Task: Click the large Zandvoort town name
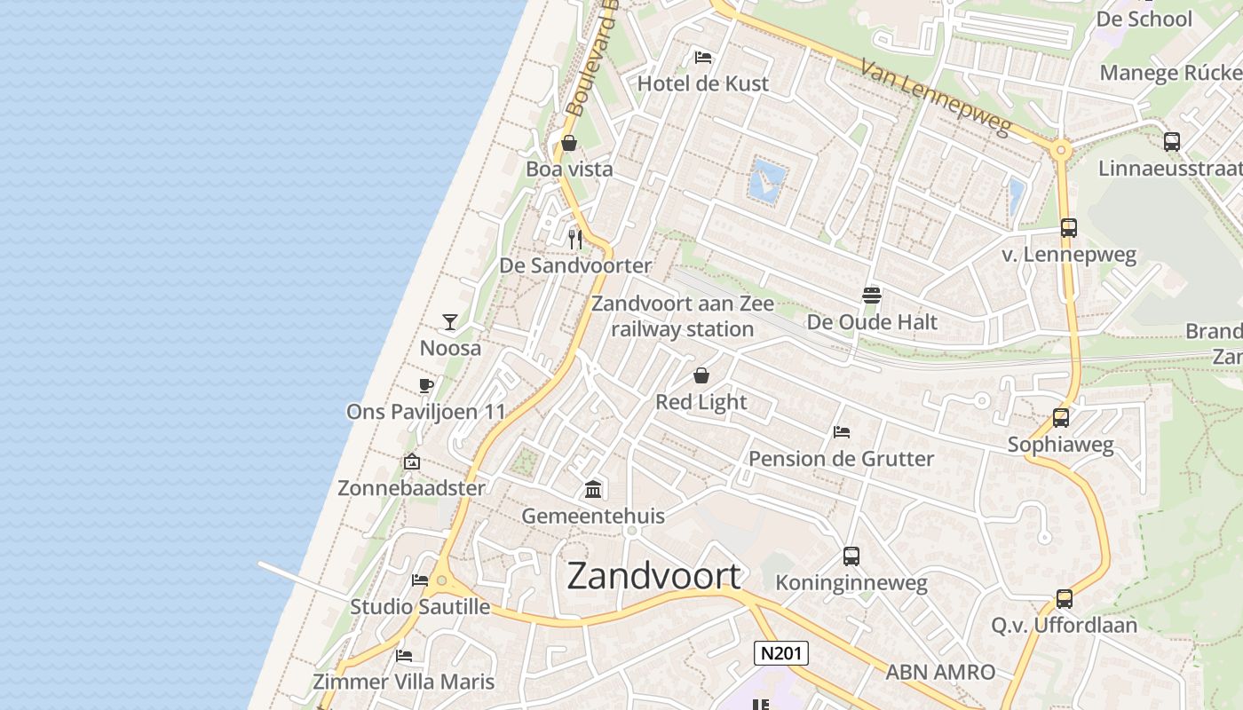tap(653, 576)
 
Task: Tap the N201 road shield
tap(781, 654)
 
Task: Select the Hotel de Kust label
tap(703, 83)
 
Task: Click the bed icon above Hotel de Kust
tap(703, 58)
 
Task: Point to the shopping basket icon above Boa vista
tap(569, 143)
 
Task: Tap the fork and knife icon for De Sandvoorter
tap(575, 239)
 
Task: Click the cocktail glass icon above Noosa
tap(450, 322)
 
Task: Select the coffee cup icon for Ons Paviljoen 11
tap(426, 386)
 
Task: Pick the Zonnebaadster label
tap(412, 488)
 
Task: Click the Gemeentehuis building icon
tap(593, 489)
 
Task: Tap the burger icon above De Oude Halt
tap(871, 296)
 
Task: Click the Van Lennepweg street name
tap(936, 97)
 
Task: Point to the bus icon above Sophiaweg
tap(1060, 418)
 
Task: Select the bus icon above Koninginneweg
tap(851, 556)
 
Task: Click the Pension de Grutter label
tap(841, 459)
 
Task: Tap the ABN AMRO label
tap(940, 672)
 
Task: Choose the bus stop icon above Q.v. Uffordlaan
tap(1065, 599)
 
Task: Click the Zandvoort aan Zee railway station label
tap(683, 316)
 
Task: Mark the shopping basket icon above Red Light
tap(701, 375)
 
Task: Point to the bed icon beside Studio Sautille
tap(420, 580)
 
